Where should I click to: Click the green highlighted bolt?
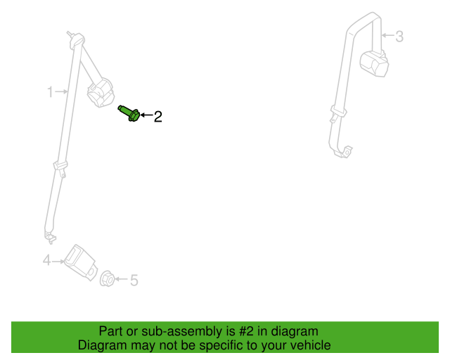coord(129,113)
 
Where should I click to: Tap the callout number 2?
coord(158,117)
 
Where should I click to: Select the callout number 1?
coord(50,92)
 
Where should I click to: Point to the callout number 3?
coord(399,37)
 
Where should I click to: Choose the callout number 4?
coord(47,260)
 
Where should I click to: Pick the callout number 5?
coord(134,280)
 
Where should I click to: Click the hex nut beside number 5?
coord(108,278)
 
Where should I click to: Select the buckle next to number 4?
coord(80,262)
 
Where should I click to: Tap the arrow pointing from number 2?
coord(146,115)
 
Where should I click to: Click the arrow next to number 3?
coord(387,35)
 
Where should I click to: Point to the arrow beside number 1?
coord(61,91)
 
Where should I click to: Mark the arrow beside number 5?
coord(122,278)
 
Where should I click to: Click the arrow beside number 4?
coord(58,262)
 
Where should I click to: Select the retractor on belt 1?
coord(101,92)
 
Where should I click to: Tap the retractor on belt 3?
coord(374,64)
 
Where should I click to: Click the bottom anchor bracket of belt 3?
coord(344,152)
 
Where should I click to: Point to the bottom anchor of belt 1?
coord(50,237)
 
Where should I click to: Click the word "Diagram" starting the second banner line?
coord(102,345)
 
